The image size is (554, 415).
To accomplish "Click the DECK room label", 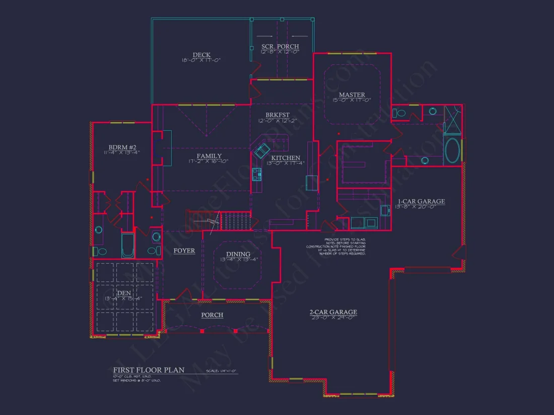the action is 201,55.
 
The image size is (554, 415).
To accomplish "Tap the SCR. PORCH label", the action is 280,46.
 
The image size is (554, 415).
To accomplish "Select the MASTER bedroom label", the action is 352,95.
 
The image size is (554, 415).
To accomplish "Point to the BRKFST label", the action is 277,115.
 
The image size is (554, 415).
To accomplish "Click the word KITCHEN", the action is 286,157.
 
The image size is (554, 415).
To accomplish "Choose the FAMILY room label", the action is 209,156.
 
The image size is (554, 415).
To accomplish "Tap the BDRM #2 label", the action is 120,147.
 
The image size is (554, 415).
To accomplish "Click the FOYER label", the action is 184,251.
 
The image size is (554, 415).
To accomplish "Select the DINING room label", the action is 238,255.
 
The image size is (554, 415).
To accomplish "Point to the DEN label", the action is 124,292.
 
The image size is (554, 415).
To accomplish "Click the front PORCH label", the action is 212,315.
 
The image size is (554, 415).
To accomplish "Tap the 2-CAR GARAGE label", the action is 333,312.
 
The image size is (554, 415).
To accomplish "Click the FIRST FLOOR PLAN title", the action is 149,370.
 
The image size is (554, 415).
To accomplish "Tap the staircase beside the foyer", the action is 236,220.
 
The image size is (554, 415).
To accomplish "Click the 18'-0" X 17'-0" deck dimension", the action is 201,60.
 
